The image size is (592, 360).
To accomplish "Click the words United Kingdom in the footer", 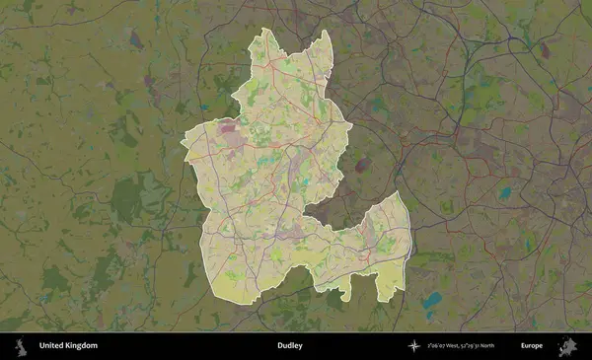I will pos(68,346).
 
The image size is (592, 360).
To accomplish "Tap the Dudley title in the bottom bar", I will pos(290,346).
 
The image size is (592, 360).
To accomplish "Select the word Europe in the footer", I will pos(532,346).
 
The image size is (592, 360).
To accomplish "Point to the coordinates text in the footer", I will pos(461,346).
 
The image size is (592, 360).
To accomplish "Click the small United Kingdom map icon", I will pos(20,346).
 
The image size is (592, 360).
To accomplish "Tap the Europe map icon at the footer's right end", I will pos(568,346).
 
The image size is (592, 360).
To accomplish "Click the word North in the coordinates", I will pos(483,346).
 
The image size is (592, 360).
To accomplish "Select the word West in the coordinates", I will pos(449,346).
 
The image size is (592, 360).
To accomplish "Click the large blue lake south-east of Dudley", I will pos(431,302).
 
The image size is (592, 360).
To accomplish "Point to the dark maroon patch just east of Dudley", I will pos(363,165).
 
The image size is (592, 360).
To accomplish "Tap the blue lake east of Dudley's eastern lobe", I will pos(504,193).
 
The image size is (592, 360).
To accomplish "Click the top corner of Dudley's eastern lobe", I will pos(398,192).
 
